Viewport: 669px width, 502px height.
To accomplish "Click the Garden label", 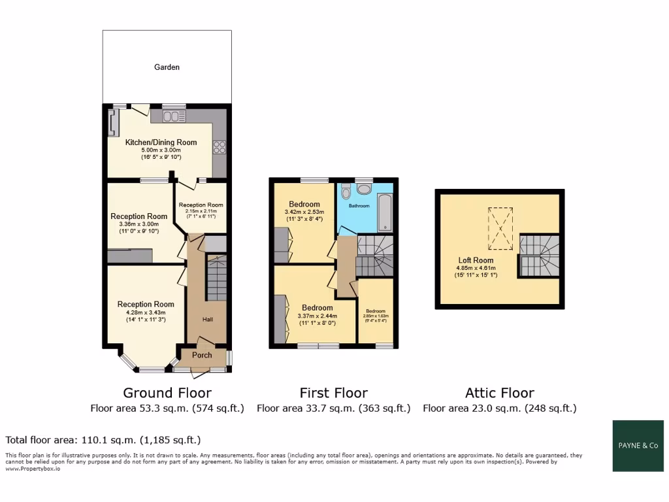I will (x=167, y=67).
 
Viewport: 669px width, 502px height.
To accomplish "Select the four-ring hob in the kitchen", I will (x=219, y=147).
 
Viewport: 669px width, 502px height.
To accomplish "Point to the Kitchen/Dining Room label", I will (x=161, y=142).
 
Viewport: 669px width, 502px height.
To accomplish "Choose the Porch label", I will (x=202, y=356).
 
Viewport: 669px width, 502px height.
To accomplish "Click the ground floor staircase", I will (x=216, y=278).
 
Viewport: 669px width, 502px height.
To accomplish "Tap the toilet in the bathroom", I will (x=346, y=191).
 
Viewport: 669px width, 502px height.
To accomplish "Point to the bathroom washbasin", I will (x=364, y=189).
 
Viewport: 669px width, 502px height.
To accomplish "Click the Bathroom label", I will (x=359, y=206).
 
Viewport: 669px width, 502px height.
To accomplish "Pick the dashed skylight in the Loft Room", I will (x=500, y=229).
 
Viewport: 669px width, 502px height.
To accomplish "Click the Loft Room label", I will (x=476, y=259).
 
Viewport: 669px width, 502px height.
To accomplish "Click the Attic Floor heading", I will (x=499, y=393).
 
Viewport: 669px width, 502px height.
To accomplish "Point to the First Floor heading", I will (x=333, y=393).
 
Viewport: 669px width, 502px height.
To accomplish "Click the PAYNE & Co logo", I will (x=638, y=446).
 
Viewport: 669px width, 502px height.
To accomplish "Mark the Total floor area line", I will (x=103, y=440).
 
